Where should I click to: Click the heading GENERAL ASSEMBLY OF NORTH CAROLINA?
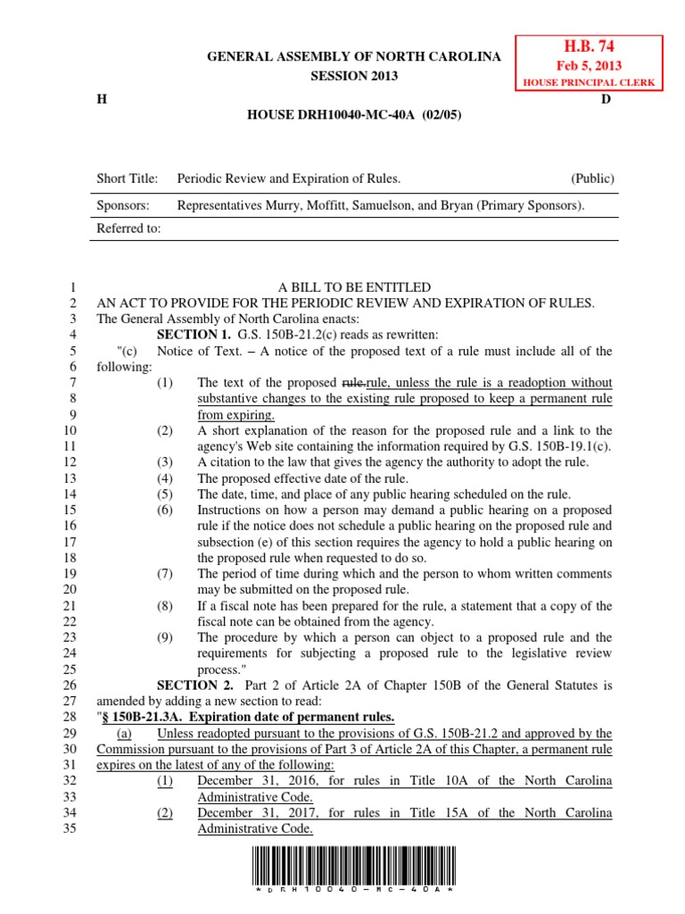[x=354, y=57]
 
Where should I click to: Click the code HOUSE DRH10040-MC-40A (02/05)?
[x=354, y=115]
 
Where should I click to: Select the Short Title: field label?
[x=127, y=179]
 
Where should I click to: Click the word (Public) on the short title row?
[x=592, y=179]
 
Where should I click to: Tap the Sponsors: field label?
[x=122, y=204]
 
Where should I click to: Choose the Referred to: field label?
[x=128, y=228]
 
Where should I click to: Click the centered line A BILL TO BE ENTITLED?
[x=354, y=287]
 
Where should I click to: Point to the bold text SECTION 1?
[x=194, y=335]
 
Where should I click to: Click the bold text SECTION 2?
[x=194, y=685]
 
